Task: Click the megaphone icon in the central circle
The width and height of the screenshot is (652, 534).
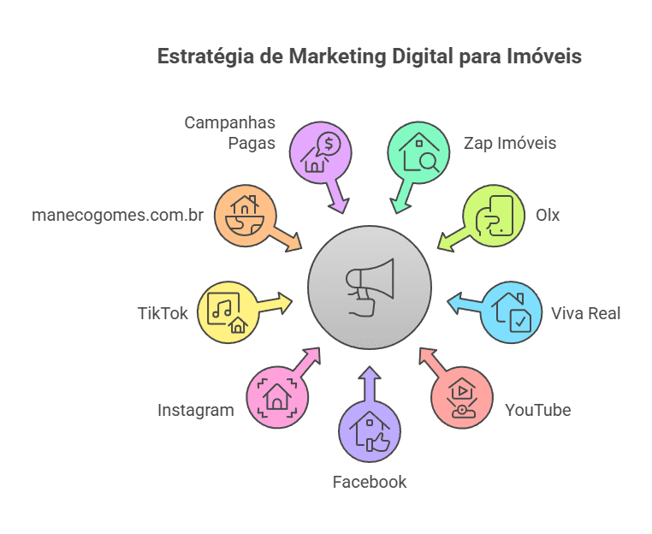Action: (370, 287)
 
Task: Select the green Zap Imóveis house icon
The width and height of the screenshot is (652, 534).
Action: (419, 152)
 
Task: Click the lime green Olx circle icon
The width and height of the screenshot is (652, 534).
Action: (493, 216)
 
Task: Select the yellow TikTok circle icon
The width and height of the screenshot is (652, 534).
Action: (228, 311)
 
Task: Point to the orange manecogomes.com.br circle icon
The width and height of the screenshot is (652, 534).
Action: (245, 215)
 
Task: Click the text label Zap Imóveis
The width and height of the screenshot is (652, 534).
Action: (509, 143)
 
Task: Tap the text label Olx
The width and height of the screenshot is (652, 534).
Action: (548, 215)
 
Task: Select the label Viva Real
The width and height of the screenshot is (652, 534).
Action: (586, 312)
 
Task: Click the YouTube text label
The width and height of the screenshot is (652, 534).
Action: (537, 410)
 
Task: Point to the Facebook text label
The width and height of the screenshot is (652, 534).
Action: (370, 482)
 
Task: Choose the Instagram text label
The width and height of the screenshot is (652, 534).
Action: (195, 410)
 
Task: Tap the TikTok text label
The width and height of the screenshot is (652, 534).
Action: (163, 312)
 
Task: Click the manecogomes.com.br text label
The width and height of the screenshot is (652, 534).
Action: (117, 215)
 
